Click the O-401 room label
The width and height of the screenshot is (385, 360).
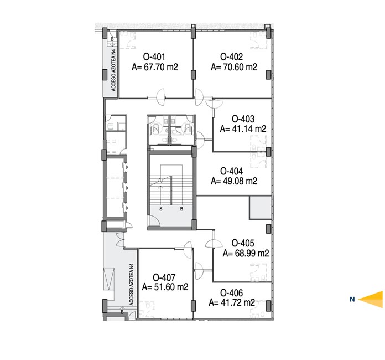pos(154,57)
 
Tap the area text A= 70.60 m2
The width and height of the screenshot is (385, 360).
pos(234,67)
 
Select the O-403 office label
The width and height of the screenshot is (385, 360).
pos(243,119)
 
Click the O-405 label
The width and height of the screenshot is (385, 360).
pos(243,243)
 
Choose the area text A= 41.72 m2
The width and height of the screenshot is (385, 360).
pos(232,302)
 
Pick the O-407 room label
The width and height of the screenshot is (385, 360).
pos(164,277)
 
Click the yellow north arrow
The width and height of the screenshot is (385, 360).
pos(371,299)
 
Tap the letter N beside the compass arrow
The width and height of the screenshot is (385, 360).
pos(352,299)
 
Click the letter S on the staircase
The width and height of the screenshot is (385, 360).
pos(161,209)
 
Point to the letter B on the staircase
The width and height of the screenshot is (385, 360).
pos(181,209)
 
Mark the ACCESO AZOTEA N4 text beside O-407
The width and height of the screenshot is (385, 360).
pos(132,285)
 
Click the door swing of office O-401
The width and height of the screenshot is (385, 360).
pos(160,97)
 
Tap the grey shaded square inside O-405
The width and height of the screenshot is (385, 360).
pos(261,208)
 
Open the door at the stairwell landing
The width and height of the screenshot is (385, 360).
pos(155,220)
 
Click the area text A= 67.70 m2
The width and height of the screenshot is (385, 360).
pos(155,67)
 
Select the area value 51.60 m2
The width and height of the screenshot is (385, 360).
pos(171,287)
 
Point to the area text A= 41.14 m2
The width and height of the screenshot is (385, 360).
pos(243,129)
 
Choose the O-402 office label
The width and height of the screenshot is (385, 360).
pos(232,57)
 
